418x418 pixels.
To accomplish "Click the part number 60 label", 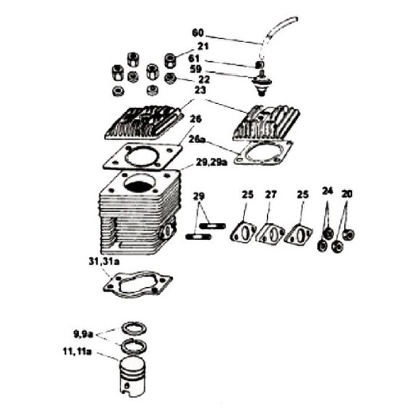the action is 198,33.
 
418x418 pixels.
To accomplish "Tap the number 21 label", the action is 203,46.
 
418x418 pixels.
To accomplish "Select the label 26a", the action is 197,140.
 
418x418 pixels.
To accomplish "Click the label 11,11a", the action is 77,352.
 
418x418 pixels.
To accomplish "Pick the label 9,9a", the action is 83,334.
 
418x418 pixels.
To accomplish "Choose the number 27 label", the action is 271,195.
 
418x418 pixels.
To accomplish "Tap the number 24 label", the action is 328,191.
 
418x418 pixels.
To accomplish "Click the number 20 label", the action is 347,194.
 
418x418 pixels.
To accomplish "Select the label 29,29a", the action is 212,162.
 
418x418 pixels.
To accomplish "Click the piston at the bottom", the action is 132,376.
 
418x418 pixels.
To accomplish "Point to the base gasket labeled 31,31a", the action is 138,284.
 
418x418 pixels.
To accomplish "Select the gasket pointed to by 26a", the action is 263,153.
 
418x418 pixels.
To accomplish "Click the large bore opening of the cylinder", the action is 140,183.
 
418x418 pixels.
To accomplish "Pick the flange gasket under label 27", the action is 270,233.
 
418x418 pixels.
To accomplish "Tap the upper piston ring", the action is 134,328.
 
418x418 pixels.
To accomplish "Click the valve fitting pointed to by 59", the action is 260,83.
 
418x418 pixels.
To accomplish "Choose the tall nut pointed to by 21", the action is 170,61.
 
